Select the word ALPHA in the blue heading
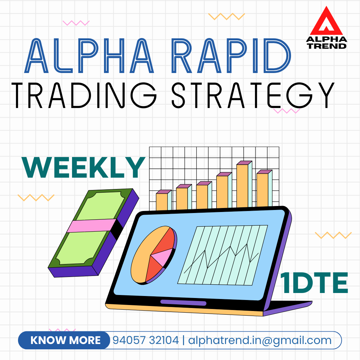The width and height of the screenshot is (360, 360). pos(89,56)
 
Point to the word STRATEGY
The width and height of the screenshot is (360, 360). pos(253,95)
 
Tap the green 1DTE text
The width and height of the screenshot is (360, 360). pos(314,283)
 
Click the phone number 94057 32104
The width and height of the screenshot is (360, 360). pos(146,340)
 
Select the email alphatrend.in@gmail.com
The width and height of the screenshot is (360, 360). pos(260,340)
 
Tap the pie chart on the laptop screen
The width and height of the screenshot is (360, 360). pos(154,255)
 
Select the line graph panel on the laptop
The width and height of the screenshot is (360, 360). pos(222,255)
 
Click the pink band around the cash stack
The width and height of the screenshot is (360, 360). pos(91,225)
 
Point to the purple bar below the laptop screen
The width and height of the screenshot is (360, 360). pos(183,303)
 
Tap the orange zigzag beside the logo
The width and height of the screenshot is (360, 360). pos(226,17)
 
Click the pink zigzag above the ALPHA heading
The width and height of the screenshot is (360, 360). pos(76,23)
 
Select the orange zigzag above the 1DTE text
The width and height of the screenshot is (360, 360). pos(333,235)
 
